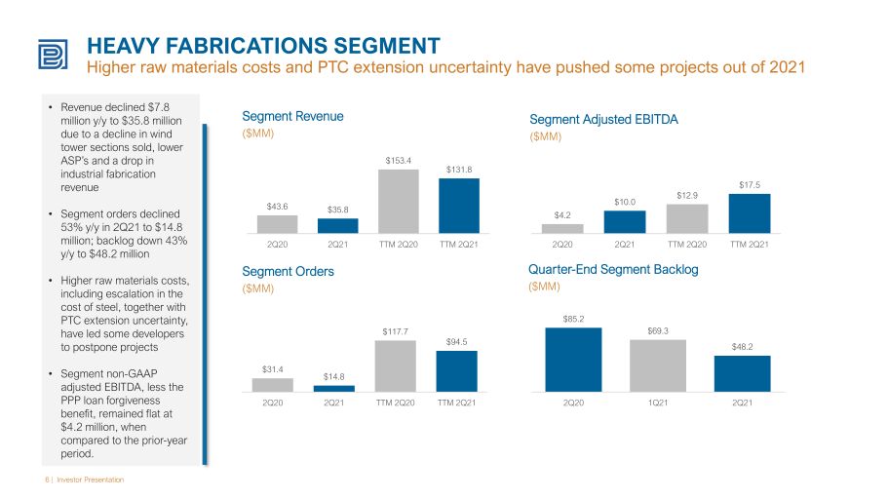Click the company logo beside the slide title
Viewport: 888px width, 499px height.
[x=53, y=55]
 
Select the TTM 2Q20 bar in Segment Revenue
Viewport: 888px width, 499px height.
[x=398, y=201]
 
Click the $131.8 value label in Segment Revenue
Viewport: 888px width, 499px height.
[x=459, y=170]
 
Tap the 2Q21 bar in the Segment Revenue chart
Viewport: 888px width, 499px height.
[x=337, y=225]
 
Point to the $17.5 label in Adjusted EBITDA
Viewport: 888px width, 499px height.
[x=750, y=185]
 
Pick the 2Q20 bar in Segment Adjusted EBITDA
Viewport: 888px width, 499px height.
[x=562, y=228]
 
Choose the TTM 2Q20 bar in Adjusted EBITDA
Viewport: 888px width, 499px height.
[x=687, y=218]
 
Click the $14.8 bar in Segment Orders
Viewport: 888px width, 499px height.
[x=334, y=389]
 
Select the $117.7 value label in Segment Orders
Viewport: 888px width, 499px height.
[x=395, y=332]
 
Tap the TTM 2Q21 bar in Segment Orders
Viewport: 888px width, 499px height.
[x=456, y=371]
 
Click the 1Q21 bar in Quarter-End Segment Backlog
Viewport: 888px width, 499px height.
[x=658, y=365]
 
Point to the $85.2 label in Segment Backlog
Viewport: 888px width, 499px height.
[x=573, y=320]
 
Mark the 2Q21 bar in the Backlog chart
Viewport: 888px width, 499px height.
[x=742, y=373]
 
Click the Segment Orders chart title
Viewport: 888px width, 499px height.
[x=288, y=271]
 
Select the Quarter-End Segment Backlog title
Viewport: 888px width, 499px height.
[x=613, y=270]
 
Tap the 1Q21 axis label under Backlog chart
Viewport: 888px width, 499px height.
[x=658, y=403]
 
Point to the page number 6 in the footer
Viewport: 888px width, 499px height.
[x=47, y=480]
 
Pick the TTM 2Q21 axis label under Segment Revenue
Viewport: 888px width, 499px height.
[x=459, y=244]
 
